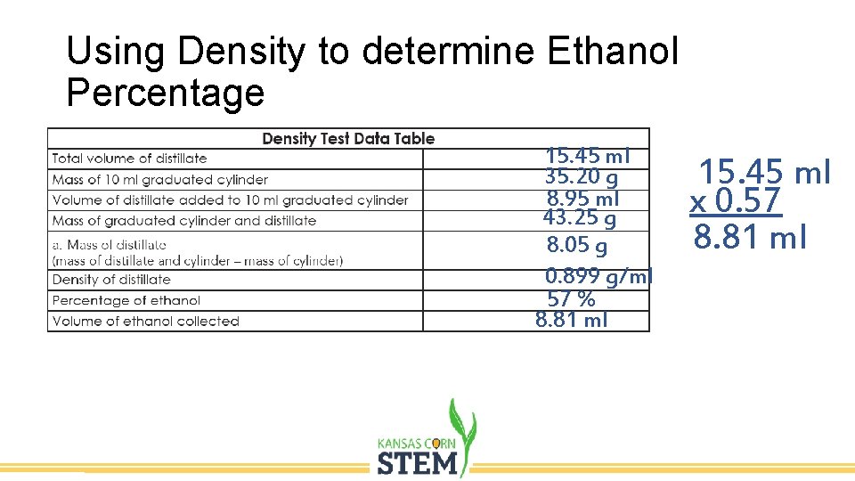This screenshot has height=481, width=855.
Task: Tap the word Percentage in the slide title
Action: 166,93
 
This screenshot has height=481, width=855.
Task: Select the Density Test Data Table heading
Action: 348,138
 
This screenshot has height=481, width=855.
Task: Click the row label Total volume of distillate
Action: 129,159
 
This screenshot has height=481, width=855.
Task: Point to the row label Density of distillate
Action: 111,280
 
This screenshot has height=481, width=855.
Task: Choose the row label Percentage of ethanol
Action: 126,300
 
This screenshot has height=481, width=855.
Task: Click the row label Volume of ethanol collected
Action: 146,321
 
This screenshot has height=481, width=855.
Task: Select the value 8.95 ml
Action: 583,198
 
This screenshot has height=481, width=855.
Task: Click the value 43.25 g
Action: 580,216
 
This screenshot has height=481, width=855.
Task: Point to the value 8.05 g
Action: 577,245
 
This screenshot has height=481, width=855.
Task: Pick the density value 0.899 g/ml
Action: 598,277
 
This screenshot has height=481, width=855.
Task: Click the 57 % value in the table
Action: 571,300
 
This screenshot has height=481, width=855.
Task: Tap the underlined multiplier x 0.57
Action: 736,201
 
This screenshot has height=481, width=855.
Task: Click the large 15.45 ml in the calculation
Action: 764,171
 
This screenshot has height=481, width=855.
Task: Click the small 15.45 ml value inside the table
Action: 588,157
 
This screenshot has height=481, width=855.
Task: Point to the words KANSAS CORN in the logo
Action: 416,442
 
